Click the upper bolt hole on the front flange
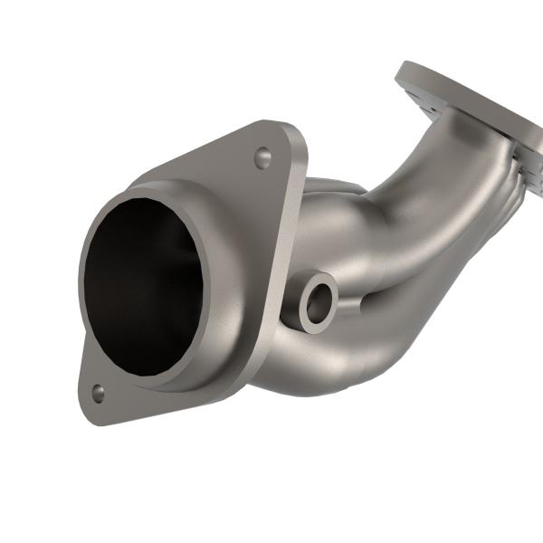click(262, 158)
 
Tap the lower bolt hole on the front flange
click(97, 393)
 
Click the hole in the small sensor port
click(317, 303)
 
